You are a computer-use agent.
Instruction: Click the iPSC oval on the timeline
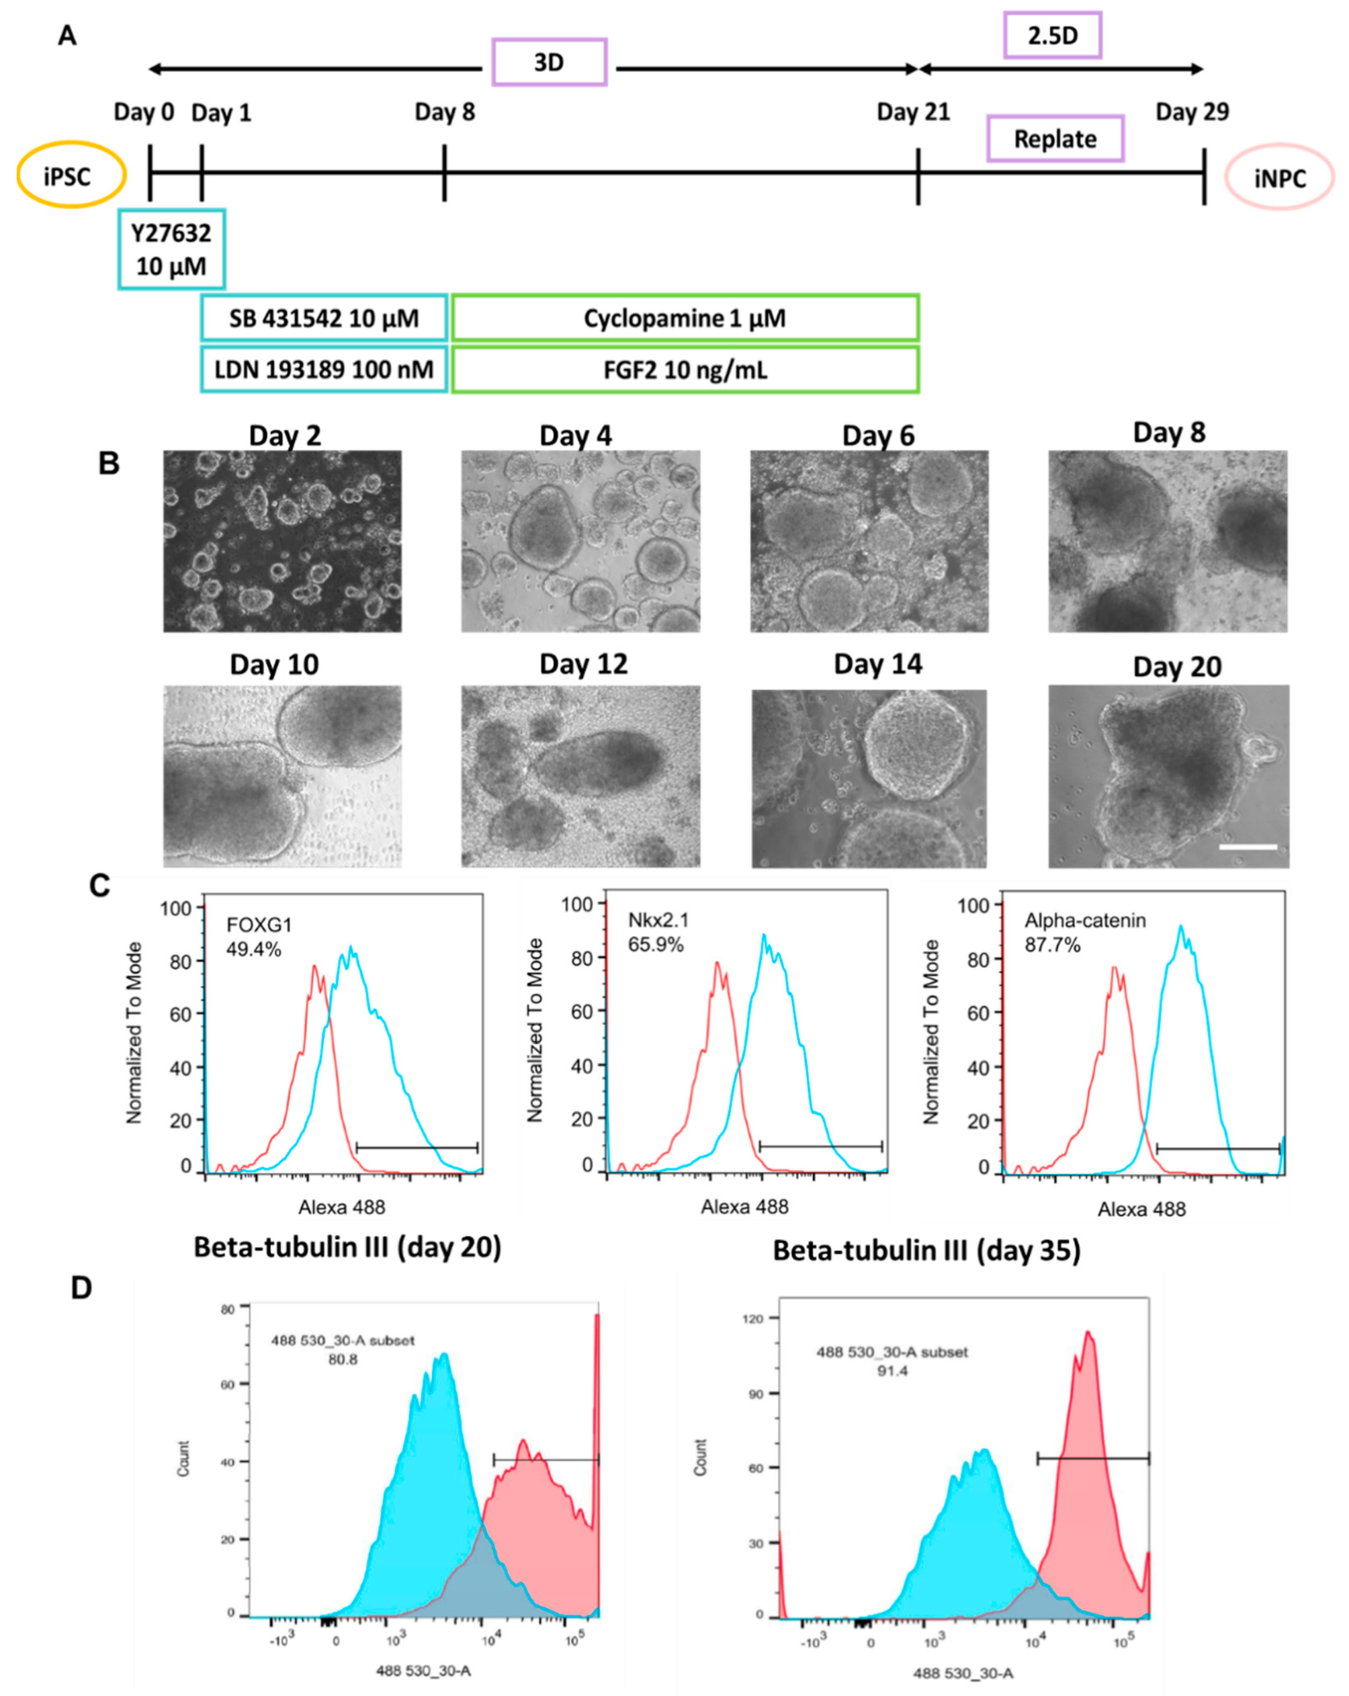(x=71, y=175)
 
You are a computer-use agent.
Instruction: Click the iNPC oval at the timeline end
(x=1278, y=178)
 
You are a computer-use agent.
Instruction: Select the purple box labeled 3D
(x=549, y=62)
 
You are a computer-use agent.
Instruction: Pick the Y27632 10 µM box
(x=171, y=249)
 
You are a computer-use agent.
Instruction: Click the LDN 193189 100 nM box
(x=323, y=369)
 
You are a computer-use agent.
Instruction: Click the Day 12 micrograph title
(x=583, y=664)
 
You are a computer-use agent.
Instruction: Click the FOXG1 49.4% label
(x=253, y=937)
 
